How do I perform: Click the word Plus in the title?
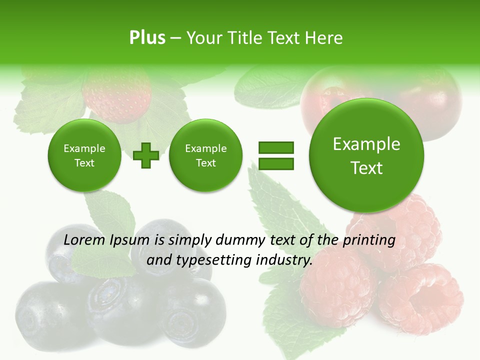pyautogui.click(x=147, y=38)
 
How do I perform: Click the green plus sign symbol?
pyautogui.click(x=146, y=155)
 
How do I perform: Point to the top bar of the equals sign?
pyautogui.click(x=276, y=147)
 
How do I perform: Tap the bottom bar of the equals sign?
pyautogui.click(x=276, y=163)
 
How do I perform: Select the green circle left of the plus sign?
pyautogui.click(x=84, y=155)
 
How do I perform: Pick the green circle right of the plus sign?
pyautogui.click(x=205, y=155)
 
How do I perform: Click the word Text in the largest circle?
pyautogui.click(x=366, y=168)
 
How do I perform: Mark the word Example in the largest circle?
pyautogui.click(x=366, y=144)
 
